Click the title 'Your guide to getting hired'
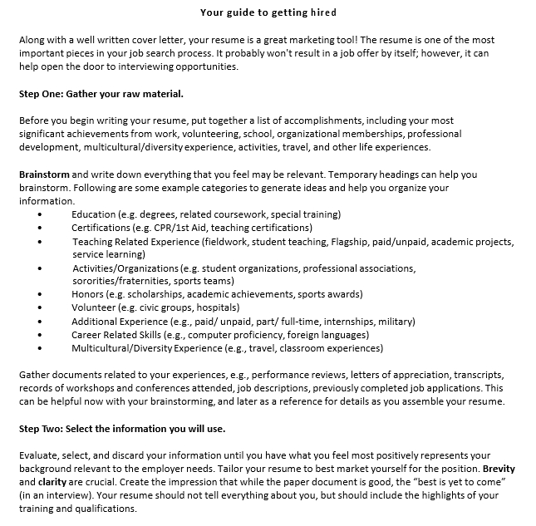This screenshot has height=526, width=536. [x=268, y=12]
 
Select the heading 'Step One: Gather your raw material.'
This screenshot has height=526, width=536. [x=101, y=94]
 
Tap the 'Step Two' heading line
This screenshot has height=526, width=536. [x=121, y=429]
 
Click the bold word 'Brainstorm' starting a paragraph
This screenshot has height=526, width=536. [x=44, y=175]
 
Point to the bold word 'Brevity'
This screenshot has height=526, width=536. [x=499, y=469]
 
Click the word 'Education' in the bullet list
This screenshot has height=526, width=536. [x=93, y=214]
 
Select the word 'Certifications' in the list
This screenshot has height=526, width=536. [x=101, y=228]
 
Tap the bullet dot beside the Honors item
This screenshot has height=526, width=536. [x=39, y=294]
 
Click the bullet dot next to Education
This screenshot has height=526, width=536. [x=39, y=214]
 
